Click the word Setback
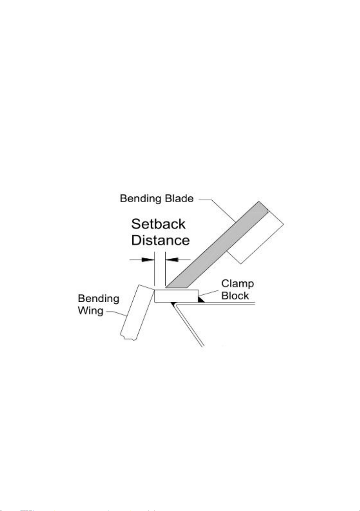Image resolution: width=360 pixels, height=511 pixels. coord(158,224)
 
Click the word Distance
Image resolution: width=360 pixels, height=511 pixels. coord(161,240)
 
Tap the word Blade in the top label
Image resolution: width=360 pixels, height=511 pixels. coord(179,198)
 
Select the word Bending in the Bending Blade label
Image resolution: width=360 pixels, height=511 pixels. coord(141,199)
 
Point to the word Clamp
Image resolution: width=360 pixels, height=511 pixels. coord(237,284)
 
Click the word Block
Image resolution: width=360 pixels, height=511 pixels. coord(235,296)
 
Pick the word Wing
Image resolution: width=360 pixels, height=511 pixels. coord(91,311)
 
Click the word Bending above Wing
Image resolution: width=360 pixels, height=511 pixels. coord(98,299)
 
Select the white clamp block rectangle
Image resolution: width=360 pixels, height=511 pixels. coord(176,296)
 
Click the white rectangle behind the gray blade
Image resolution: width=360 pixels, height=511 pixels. coord(255,237)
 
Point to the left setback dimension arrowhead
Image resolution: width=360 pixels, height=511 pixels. coord(148,260)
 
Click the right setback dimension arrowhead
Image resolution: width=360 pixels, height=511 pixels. coord(172,260)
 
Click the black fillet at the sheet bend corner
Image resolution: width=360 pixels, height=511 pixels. coord(174,304)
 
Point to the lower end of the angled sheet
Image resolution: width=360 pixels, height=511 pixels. coord(203,347)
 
